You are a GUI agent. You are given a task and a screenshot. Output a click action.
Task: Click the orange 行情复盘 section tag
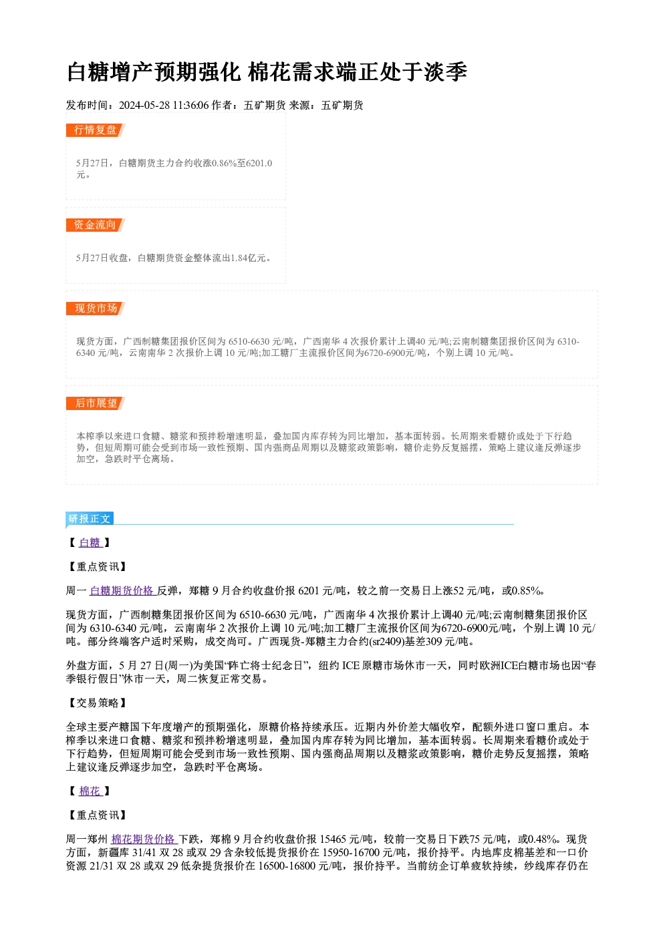pos(95,130)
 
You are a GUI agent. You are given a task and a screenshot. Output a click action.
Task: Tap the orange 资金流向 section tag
pos(95,225)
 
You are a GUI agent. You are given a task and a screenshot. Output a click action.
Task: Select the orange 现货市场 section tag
pos(95,309)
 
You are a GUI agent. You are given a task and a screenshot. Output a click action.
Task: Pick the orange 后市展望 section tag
pos(95,403)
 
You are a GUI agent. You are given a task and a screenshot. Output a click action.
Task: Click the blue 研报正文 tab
pos(90,519)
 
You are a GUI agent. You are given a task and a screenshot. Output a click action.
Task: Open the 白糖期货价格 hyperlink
pos(123,590)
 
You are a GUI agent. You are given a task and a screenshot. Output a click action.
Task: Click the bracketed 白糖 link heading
pos(90,542)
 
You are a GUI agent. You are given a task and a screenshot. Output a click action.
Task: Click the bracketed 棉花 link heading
pos(90,791)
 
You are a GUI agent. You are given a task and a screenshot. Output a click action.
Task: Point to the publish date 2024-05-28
pos(144,105)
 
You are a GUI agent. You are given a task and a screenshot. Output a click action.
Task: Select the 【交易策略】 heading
pos(98,703)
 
